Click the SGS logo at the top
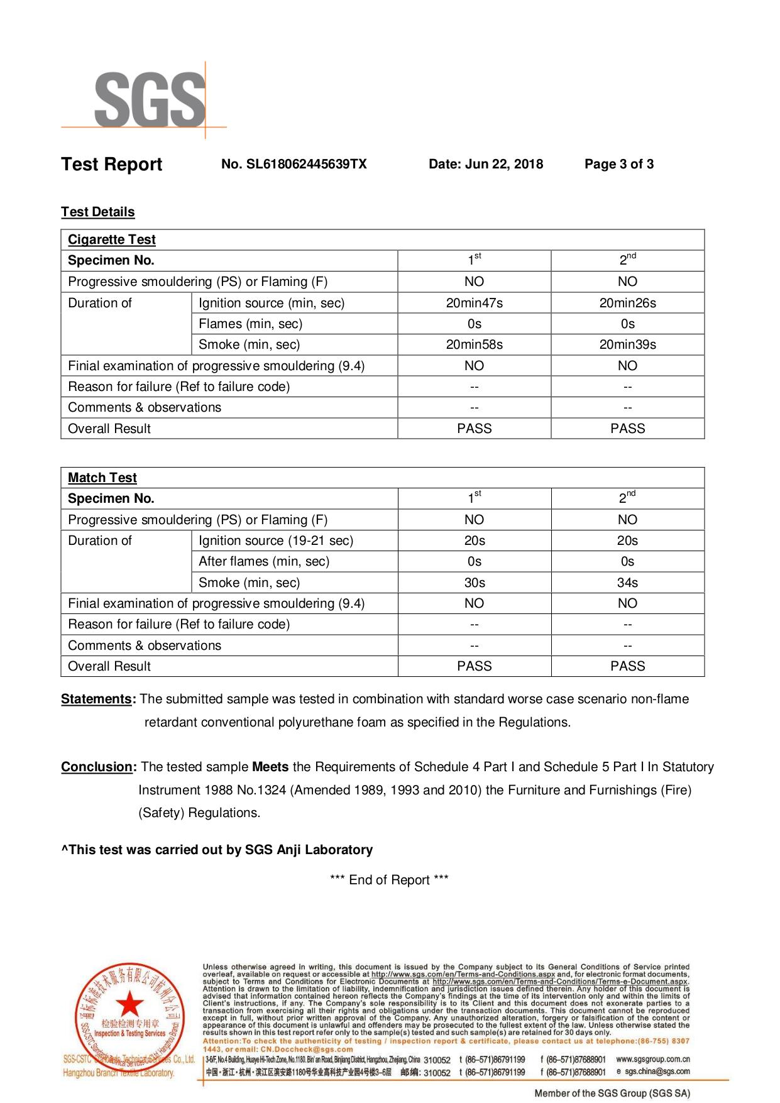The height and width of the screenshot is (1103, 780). tap(150, 99)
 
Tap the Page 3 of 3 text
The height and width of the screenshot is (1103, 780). tap(618, 164)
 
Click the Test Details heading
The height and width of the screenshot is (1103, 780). tap(98, 212)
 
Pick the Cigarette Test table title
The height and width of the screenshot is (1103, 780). tap(112, 239)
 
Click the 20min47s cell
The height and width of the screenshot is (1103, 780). tap(474, 303)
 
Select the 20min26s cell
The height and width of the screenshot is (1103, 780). tap(627, 303)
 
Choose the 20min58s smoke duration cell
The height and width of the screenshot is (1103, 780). tap(474, 344)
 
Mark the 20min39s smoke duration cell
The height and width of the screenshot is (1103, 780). tap(627, 344)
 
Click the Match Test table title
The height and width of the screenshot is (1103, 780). tap(102, 478)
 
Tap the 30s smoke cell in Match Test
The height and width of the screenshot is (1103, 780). tap(474, 583)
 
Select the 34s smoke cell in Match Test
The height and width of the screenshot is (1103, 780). tap(627, 583)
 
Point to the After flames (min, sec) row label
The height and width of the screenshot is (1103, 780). tap(264, 561)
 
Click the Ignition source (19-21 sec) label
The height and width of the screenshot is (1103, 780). tap(276, 541)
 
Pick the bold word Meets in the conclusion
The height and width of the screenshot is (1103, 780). tap(270, 767)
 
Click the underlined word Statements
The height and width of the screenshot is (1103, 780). tap(97, 699)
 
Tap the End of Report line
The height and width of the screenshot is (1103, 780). tap(389, 880)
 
